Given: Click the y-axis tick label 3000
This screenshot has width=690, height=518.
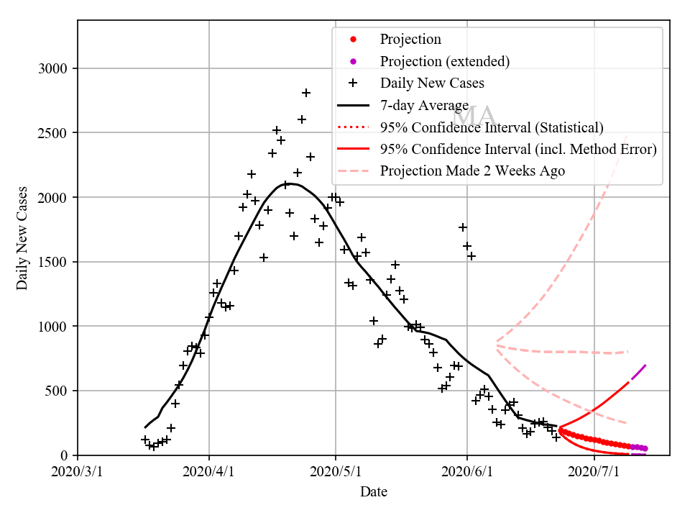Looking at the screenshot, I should [52, 69].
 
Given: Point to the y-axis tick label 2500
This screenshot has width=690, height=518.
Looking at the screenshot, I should [52, 133].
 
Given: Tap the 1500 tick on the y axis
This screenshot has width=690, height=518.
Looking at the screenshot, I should [52, 262].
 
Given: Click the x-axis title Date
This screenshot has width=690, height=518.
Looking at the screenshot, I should [374, 492].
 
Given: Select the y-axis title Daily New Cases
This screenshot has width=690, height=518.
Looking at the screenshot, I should [22, 238].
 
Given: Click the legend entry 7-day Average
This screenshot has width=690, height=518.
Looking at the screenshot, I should [424, 106].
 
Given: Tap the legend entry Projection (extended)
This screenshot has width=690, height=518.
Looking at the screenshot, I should [445, 61].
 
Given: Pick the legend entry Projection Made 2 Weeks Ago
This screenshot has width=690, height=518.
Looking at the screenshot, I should [472, 171].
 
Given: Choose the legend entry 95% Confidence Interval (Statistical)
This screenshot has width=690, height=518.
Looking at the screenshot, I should [492, 127].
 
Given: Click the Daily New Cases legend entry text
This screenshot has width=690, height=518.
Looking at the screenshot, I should [432, 83].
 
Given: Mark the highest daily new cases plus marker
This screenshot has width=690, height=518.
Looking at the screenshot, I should [306, 93].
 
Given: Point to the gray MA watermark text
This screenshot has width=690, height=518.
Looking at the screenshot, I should [474, 117].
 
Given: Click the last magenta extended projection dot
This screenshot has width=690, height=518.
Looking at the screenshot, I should [645, 448].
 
